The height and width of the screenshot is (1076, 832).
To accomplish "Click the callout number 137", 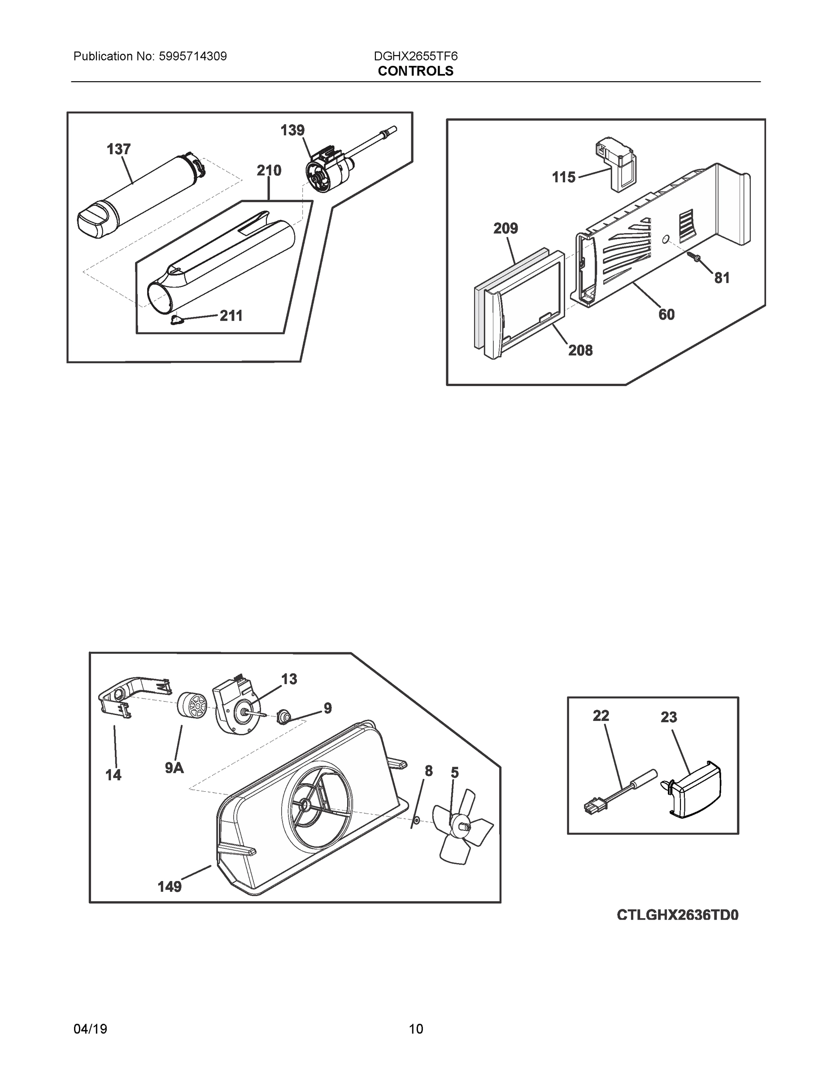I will pos(119,149).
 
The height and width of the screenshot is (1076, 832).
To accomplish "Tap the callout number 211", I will pos(231,316).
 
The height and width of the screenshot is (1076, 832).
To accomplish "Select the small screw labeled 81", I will pos(696,257).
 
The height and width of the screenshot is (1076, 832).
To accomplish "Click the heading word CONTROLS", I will pos(415,71).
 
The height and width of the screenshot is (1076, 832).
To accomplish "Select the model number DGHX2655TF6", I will pos(415,56).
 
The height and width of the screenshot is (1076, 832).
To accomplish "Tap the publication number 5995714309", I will pos(193,56).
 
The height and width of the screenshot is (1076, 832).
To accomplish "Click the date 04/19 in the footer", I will pos(90,1029).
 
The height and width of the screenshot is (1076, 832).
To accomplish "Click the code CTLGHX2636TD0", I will pos(678,915).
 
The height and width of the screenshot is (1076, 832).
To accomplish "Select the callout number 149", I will pos(170,887).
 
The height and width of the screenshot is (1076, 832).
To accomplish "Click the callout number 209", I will pos(506,229).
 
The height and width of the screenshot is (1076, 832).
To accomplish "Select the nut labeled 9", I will pos(283,716).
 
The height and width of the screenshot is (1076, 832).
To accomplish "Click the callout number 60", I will pos(666,314).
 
